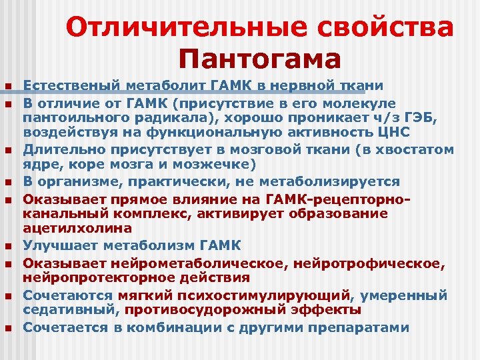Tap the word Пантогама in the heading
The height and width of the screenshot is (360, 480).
(x=260, y=59)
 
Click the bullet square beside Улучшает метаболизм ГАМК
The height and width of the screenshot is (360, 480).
(x=7, y=246)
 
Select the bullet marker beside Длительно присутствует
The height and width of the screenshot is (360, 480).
(x=7, y=150)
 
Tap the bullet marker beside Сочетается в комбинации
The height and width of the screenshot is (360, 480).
(x=7, y=328)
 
